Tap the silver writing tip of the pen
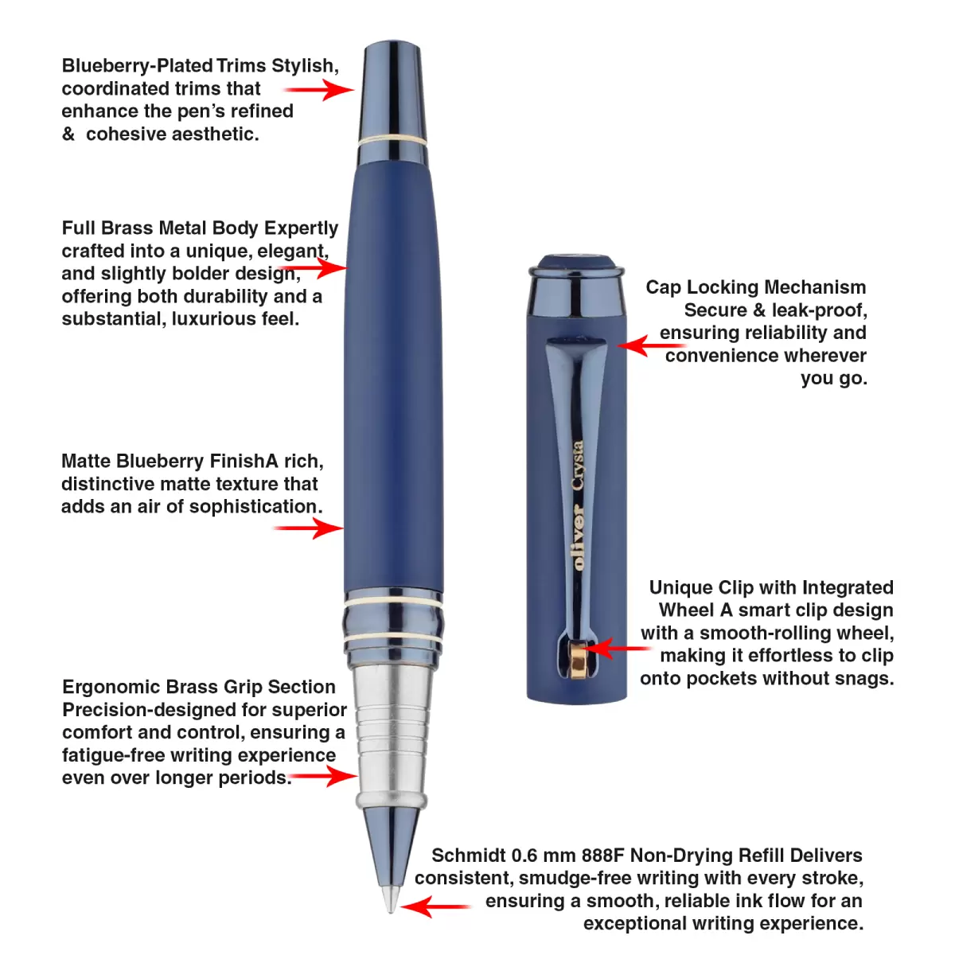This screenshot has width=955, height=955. click(x=391, y=898)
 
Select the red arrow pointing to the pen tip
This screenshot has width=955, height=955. click(x=435, y=906)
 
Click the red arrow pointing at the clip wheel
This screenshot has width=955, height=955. click(x=617, y=649)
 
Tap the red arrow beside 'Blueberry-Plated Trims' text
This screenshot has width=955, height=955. click(x=318, y=90)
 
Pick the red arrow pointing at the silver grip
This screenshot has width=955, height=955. click(x=324, y=776)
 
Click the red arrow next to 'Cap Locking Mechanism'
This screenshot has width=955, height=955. click(x=653, y=345)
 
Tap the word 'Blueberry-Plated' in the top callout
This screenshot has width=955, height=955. click(x=137, y=66)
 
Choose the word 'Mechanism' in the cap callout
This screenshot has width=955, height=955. click(x=816, y=287)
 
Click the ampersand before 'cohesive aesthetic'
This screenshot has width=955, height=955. click(x=68, y=134)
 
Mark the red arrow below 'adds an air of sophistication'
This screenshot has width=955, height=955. click(x=308, y=528)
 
